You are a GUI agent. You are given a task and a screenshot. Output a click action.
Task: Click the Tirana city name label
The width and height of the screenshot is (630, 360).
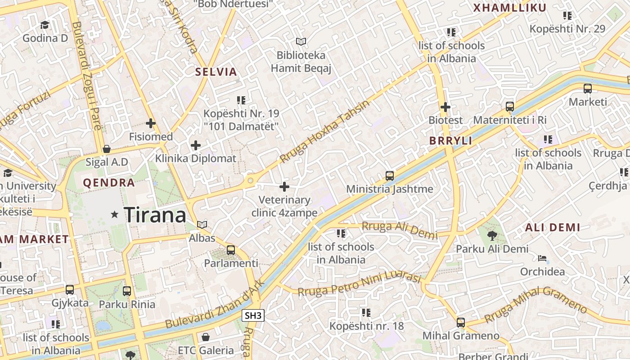point(155,215)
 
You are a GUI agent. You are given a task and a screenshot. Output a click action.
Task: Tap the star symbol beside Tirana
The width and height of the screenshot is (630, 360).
point(115,215)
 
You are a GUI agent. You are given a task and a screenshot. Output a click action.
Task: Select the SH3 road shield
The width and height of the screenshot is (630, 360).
point(252,315)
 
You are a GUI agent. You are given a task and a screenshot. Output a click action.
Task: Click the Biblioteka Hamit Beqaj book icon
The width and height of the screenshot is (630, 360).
point(301,42)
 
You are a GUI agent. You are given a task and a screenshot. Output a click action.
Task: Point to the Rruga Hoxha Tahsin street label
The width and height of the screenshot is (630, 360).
point(324,131)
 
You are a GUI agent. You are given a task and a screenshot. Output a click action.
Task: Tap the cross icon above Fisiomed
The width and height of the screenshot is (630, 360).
point(151,123)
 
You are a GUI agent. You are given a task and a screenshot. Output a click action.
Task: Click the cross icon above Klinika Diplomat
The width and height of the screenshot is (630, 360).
point(196,145)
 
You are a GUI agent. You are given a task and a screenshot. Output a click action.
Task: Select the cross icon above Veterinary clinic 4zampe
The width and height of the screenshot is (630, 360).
point(284,186)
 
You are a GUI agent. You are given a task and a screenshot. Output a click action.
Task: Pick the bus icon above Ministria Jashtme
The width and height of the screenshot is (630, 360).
point(390,176)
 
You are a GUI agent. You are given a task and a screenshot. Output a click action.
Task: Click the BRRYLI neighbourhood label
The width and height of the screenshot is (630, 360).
point(450,141)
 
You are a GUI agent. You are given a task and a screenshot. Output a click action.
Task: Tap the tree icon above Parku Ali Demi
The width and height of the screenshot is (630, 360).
point(492,235)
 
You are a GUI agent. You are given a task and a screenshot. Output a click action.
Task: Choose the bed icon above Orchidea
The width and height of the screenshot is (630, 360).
point(542,259)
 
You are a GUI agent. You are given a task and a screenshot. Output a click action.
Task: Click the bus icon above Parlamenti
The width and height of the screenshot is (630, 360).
point(231,250)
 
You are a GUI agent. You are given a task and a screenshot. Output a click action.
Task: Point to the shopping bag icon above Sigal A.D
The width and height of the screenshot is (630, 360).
point(107,149)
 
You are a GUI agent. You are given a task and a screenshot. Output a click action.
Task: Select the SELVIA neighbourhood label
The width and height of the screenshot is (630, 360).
point(216,72)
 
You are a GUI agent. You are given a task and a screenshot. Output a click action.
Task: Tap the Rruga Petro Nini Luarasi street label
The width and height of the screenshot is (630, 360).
point(359,284)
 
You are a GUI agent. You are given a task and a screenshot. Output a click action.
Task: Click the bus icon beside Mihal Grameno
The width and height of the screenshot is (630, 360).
point(461,323)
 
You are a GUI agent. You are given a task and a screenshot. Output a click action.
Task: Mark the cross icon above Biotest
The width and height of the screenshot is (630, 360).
point(445,107)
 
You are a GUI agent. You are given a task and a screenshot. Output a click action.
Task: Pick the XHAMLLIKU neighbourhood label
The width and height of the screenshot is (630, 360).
point(510,8)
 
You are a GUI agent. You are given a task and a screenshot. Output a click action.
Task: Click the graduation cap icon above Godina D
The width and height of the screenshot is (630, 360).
point(45,25)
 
